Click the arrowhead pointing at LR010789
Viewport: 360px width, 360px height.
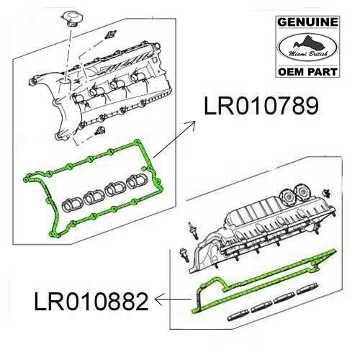point(197,123)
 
